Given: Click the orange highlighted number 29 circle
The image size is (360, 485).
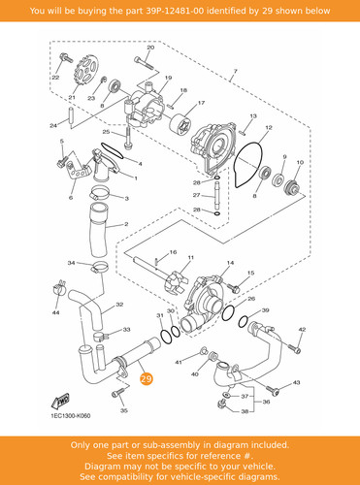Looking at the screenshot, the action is point(147,378).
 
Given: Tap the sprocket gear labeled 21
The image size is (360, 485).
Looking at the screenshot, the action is point(85,71).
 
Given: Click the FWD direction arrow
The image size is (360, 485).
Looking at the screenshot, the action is point(61,401).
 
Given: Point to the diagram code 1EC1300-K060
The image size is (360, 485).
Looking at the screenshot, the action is point(71,416).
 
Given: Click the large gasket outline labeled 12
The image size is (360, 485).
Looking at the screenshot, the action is point(248,164).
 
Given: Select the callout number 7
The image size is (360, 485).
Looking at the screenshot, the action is point(235,71).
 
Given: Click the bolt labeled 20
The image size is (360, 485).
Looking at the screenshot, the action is point(144,63).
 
